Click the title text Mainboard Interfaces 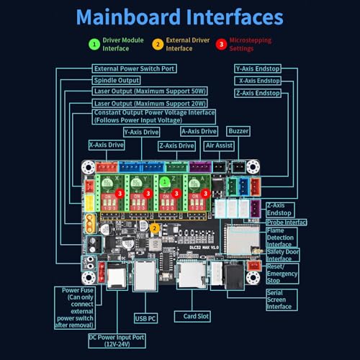point(180,17)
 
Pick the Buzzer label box point(238,132)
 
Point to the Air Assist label point(219,145)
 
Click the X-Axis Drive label point(107,145)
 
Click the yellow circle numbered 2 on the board point(156,228)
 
